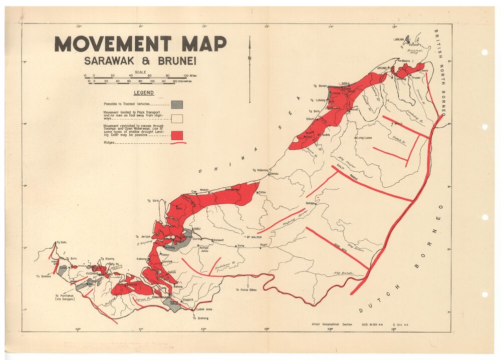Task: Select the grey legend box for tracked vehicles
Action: (x=176, y=104)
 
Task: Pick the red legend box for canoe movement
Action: (x=176, y=135)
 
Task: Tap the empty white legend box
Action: (x=176, y=119)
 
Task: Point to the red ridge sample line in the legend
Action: (x=178, y=143)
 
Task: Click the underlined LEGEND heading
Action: (x=143, y=93)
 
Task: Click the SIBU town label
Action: (x=197, y=228)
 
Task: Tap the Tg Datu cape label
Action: (x=62, y=242)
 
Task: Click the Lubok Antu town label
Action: (x=205, y=309)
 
